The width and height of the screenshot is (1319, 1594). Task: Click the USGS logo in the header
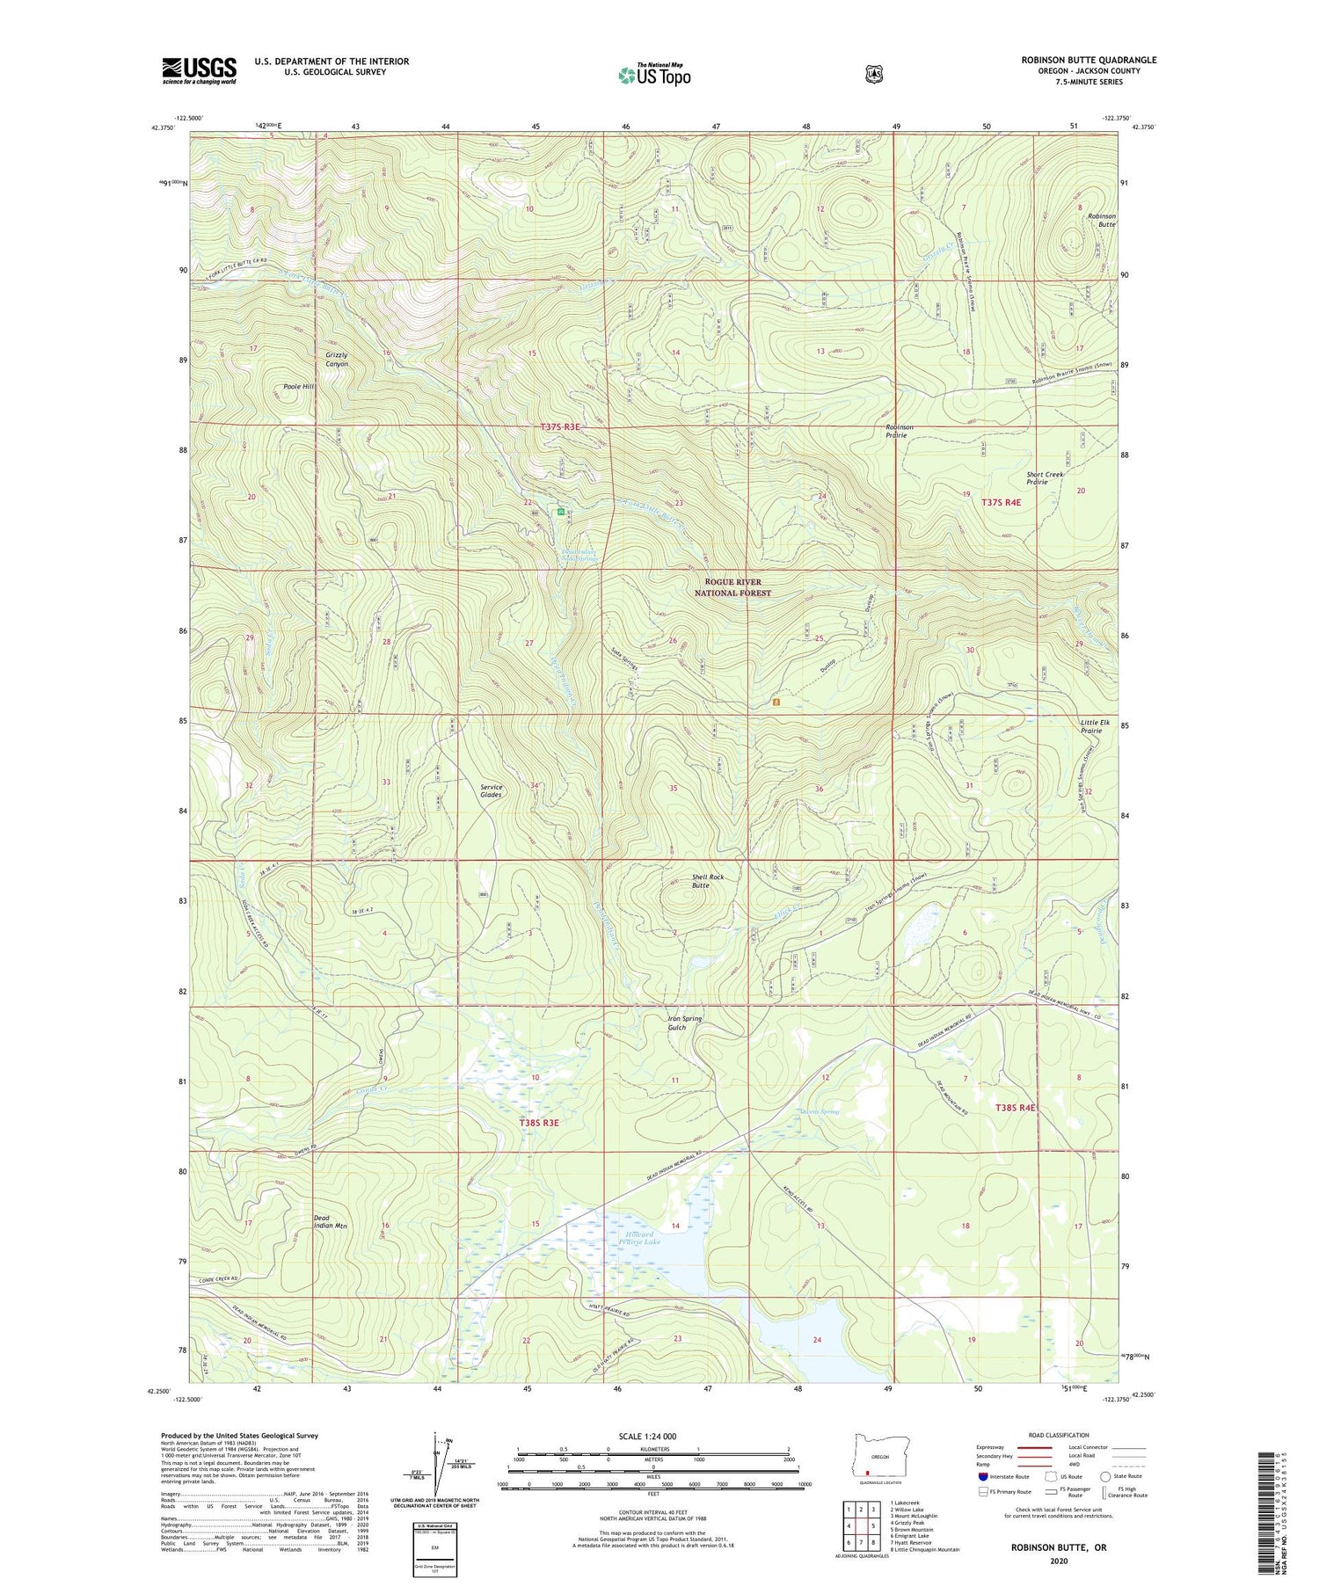pos(199,70)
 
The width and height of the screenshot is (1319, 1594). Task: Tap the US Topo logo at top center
pos(654,75)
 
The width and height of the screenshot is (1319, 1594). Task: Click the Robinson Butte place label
pos(1101,220)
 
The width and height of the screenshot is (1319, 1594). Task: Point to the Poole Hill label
pos(298,387)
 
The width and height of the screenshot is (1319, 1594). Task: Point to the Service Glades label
pos(491,790)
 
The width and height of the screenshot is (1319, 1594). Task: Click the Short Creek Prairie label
pos(1045,478)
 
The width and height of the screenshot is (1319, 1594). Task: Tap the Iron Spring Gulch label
pos(685,1023)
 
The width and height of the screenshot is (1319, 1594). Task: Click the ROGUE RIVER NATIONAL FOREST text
pos(732,587)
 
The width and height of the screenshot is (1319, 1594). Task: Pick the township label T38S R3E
pos(539,1123)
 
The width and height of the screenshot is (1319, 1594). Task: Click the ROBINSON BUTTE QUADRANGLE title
pos(1089,60)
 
